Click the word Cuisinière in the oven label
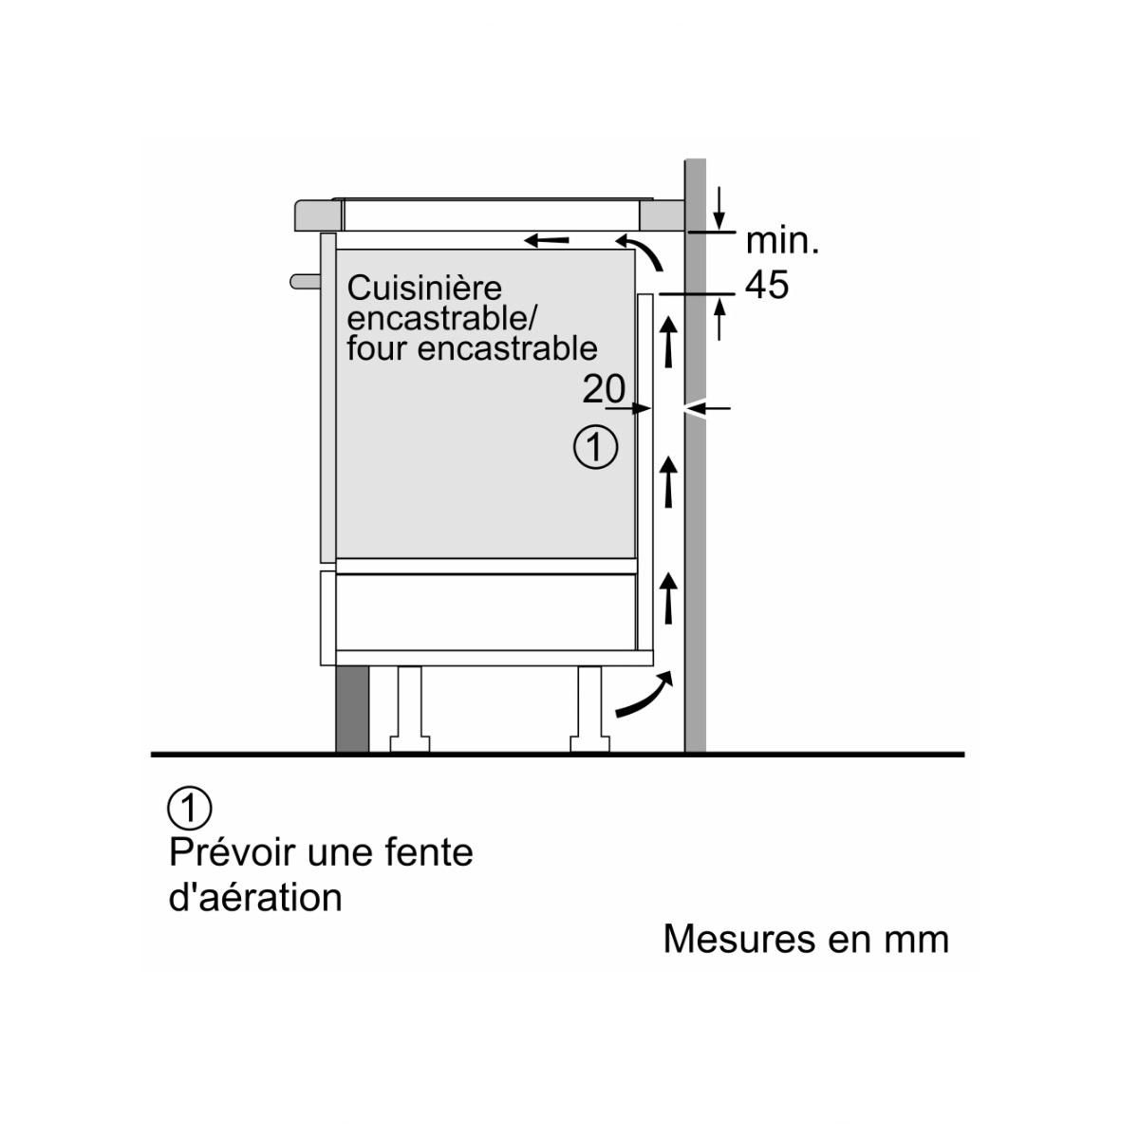(424, 289)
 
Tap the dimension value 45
(767, 284)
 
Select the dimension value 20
(604, 389)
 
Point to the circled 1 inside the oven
(596, 446)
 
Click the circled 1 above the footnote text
(190, 808)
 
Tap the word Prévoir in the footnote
(232, 851)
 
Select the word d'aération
(255, 897)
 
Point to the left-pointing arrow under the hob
(549, 240)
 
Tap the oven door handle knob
(306, 281)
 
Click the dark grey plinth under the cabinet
(351, 709)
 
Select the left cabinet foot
(410, 708)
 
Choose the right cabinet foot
(588, 708)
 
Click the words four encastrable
(472, 348)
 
